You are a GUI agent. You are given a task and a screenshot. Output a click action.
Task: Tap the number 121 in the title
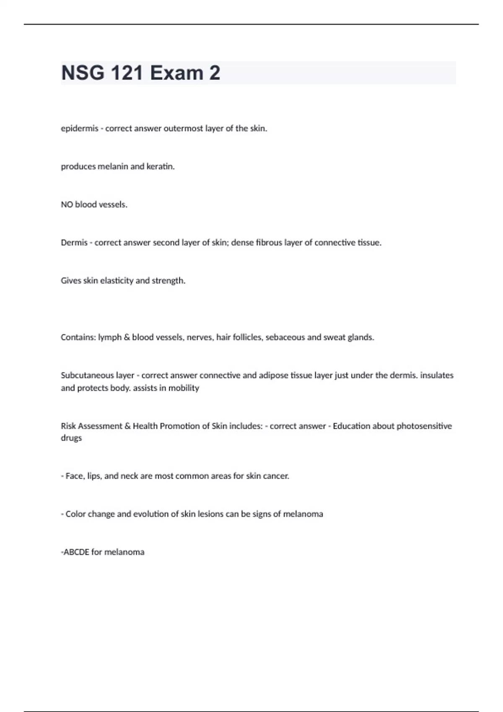pos(127,73)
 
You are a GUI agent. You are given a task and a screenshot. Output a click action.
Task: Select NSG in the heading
pos(83,73)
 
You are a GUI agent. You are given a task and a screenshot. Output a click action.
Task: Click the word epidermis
pos(79,129)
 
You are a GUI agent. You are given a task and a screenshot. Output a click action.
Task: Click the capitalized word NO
pos(67,205)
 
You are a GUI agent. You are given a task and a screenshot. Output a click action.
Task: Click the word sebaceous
pos(285,338)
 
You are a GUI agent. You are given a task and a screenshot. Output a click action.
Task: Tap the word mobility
pos(184,388)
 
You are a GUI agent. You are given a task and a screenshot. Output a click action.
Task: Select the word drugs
pos(71,438)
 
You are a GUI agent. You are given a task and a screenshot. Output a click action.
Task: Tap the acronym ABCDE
pos(76,552)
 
